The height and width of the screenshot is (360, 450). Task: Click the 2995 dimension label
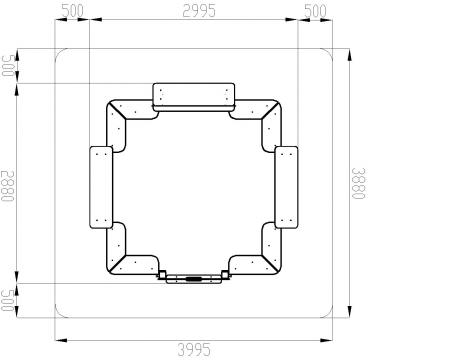[199, 11]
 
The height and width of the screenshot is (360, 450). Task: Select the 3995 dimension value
[194, 350]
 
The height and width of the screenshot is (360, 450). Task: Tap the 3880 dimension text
[359, 183]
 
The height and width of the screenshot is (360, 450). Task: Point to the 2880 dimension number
[8, 186]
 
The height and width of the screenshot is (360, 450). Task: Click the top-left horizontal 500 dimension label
[73, 11]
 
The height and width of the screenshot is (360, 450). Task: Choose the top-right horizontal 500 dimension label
[315, 11]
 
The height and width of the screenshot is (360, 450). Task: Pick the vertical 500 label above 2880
[8, 66]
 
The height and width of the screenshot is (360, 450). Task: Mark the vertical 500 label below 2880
[8, 300]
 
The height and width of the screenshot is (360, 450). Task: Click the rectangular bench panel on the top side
[194, 95]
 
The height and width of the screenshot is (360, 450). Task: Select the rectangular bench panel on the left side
[101, 187]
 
